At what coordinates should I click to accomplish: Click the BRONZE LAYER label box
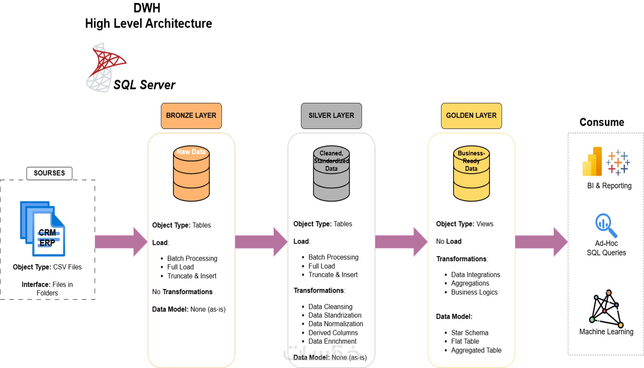tap(191, 116)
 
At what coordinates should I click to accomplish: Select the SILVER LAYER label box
tap(331, 116)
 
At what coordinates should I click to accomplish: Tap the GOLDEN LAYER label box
tap(471, 116)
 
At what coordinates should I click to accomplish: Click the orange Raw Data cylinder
tap(191, 173)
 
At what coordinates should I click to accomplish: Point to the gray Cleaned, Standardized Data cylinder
tap(331, 173)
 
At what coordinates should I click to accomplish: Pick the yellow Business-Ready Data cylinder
tap(472, 173)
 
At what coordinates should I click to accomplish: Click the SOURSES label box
tap(49, 173)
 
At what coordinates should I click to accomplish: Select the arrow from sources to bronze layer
tap(121, 242)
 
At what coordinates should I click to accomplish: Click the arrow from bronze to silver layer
tap(261, 242)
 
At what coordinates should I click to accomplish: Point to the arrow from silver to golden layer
tap(401, 242)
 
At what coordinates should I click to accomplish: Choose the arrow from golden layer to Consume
tap(541, 242)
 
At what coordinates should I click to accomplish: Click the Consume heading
tap(602, 122)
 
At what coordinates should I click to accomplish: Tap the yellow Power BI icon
tap(592, 162)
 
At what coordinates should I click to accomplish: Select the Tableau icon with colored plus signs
tap(618, 162)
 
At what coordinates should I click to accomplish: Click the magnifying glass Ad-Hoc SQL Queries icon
tap(605, 226)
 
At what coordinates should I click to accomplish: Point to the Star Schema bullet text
tap(470, 333)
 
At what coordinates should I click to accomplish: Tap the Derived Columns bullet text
tap(333, 333)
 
